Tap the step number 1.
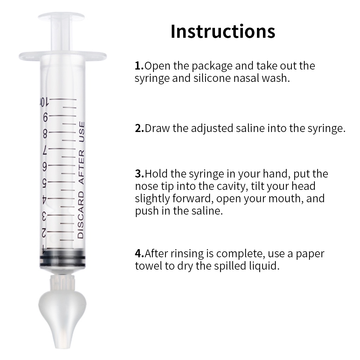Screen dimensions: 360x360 139,66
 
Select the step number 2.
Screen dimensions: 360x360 139,128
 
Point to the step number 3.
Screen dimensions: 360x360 139,174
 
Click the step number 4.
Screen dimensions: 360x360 139,253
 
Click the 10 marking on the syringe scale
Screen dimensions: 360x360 44,102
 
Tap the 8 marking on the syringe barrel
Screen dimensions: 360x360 45,134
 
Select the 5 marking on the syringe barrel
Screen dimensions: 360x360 45,183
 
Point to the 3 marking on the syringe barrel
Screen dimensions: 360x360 44,216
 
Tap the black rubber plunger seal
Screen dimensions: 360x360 62,258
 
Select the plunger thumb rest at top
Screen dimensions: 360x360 61,17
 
